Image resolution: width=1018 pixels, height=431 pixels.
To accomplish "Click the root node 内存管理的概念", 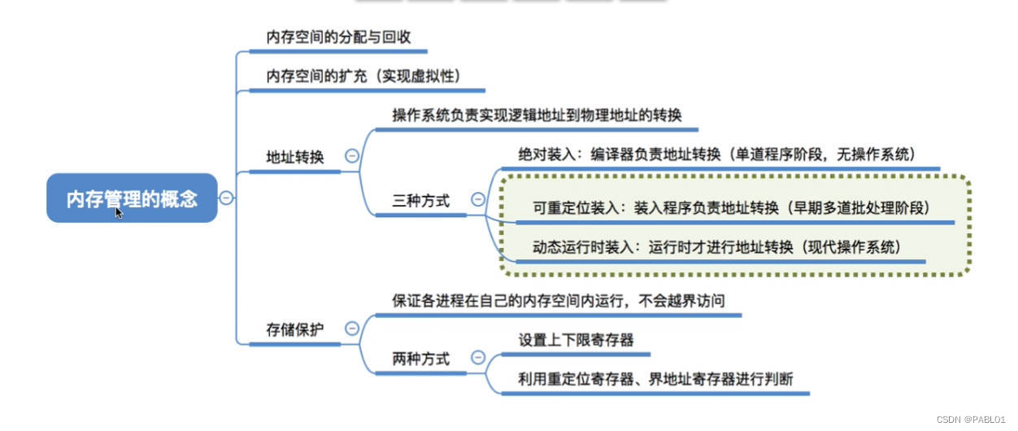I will pyautogui.click(x=132, y=198).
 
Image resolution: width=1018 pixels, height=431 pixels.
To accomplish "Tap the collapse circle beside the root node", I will pyautogui.click(x=227, y=198).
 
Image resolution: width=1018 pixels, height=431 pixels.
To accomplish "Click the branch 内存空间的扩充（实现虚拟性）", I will pyautogui.click(x=364, y=76).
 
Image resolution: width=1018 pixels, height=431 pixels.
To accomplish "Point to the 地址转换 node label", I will pyautogui.click(x=295, y=157).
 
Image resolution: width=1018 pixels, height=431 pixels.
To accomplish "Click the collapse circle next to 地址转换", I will pyautogui.click(x=352, y=156).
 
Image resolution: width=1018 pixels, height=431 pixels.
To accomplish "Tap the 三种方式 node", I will pyautogui.click(x=421, y=200).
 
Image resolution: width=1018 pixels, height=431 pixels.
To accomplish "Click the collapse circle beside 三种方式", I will pyautogui.click(x=478, y=199).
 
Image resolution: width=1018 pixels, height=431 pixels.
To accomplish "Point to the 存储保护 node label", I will pyautogui.click(x=295, y=329).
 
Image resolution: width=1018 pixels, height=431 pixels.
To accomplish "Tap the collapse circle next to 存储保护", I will pyautogui.click(x=352, y=329).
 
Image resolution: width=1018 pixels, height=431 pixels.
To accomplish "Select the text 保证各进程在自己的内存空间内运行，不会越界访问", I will pyautogui.click(x=558, y=301).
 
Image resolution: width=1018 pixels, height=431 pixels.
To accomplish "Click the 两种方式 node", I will pyautogui.click(x=421, y=359).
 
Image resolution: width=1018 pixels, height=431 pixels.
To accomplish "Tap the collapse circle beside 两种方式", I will pyautogui.click(x=478, y=358).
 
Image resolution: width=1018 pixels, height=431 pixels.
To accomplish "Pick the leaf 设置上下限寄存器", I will pyautogui.click(x=576, y=339).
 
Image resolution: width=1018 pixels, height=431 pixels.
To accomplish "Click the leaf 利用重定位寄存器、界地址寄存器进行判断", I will pyautogui.click(x=655, y=378).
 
